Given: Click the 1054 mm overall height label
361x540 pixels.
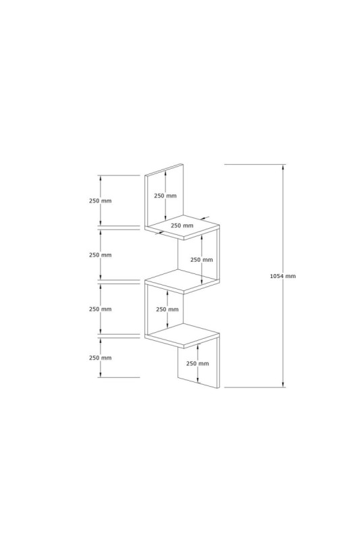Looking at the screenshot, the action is point(283,276).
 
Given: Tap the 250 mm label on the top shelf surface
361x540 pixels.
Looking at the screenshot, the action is point(182,226).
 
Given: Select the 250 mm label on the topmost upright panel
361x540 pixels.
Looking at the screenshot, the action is point(165,196).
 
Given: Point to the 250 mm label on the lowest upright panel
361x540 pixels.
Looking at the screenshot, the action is point(198,363).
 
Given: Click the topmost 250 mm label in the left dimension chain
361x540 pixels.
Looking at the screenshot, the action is point(100,200).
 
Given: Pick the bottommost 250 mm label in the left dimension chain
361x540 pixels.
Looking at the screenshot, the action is point(100,358).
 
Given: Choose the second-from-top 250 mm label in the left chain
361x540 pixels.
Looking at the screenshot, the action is point(100,255).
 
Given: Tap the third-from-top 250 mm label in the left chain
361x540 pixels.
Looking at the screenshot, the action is point(100,309).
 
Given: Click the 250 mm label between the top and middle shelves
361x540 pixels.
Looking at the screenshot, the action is point(202,260).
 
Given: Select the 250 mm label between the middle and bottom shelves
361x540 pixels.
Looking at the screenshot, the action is point(167,309).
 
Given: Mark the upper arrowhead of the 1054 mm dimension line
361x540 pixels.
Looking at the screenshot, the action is point(283,167).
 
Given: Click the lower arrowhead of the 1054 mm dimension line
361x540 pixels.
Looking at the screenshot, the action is point(283,383).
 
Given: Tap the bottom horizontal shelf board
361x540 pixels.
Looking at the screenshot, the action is point(182,335).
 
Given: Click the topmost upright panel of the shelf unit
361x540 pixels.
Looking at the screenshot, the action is point(164,196).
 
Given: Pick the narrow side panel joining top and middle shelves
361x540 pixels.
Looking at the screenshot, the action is point(218,254).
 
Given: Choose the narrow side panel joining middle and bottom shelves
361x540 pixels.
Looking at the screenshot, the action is point(146,309).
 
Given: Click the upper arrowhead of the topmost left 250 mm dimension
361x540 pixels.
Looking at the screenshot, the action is point(100,178).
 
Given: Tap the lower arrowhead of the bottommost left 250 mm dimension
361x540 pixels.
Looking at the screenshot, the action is point(100,374).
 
